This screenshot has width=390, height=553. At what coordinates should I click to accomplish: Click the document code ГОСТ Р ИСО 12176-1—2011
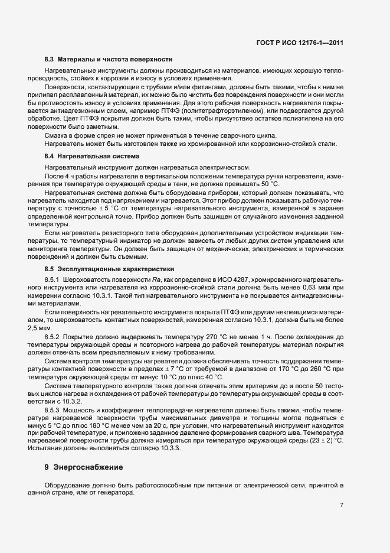[x=307, y=42]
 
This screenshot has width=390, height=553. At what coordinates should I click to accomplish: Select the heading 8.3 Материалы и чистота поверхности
[x=109, y=60]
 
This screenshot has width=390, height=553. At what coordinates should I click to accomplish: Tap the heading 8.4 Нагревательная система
[x=91, y=157]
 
